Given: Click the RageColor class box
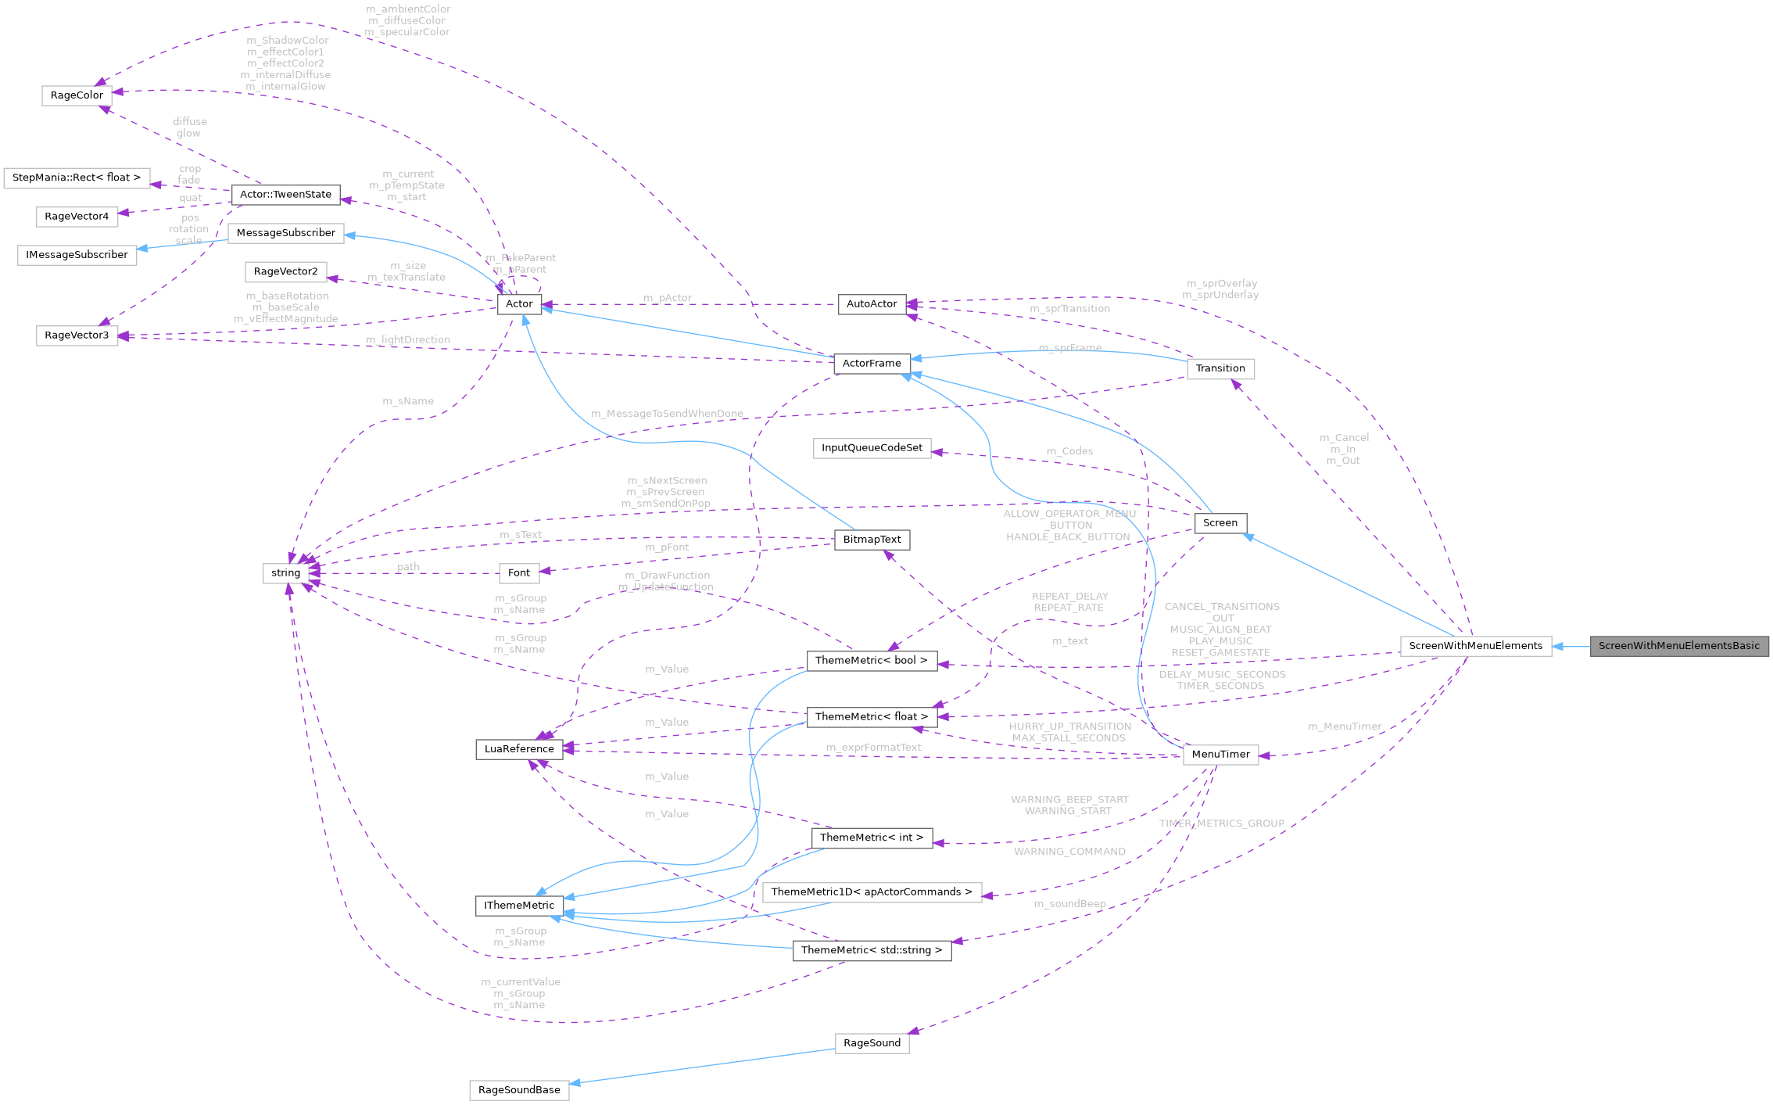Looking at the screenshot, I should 77,95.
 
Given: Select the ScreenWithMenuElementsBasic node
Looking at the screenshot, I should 1678,646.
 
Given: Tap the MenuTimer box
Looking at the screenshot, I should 1220,755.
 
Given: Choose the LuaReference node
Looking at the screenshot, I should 519,749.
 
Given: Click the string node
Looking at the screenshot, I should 285,573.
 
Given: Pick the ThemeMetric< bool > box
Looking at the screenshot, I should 871,661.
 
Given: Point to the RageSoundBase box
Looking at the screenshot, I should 519,1090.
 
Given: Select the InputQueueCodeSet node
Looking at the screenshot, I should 872,448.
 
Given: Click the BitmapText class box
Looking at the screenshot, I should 872,540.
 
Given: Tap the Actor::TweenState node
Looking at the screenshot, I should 285,195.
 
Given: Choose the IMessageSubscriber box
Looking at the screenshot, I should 77,255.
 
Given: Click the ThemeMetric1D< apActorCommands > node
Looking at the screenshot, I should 872,892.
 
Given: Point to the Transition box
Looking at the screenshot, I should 1220,368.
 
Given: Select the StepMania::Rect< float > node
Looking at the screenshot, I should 77,178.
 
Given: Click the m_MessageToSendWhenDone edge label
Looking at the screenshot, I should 667,414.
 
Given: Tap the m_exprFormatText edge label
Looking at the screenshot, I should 873,748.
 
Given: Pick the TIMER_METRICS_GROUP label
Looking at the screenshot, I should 1221,823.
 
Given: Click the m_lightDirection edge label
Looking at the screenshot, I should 408,339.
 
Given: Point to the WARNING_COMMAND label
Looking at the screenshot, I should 1069,852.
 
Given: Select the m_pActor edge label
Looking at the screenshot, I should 667,298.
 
